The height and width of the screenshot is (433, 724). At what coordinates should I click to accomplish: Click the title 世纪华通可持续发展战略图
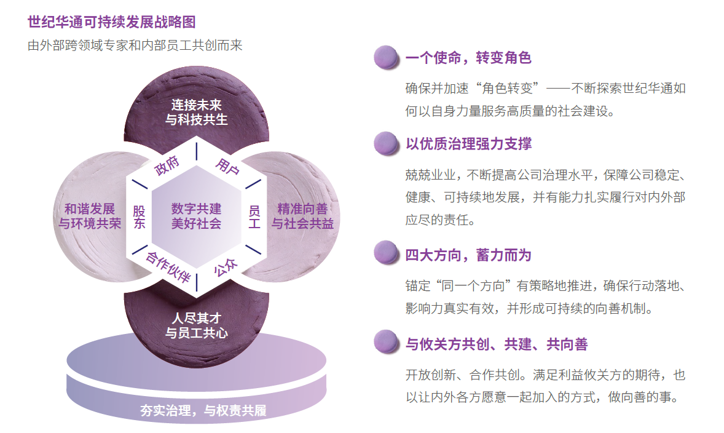pyautogui.click(x=112, y=22)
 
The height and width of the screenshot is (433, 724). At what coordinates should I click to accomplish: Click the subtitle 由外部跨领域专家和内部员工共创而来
pyautogui.click(x=135, y=46)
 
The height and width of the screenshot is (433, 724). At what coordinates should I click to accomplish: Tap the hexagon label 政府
pyautogui.click(x=167, y=165)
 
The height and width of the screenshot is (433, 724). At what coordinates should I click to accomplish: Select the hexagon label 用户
pyautogui.click(x=227, y=166)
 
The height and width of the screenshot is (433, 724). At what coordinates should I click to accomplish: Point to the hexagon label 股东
pyautogui.click(x=139, y=217)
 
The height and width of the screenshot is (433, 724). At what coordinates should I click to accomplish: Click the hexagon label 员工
pyautogui.click(x=254, y=217)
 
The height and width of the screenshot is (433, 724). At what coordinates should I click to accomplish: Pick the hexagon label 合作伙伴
pyautogui.click(x=168, y=267)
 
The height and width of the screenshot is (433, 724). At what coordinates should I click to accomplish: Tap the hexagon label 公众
pyautogui.click(x=226, y=267)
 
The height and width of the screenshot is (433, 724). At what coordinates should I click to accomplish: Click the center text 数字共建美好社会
pyautogui.click(x=196, y=216)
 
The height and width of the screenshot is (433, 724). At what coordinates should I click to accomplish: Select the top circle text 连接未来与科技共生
pyautogui.click(x=196, y=112)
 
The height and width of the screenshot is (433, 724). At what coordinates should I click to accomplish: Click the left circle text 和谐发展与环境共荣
pyautogui.click(x=90, y=216)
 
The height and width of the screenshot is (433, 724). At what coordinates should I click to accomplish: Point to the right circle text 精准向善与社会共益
pyautogui.click(x=302, y=216)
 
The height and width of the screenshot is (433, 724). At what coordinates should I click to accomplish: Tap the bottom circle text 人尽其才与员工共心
pyautogui.click(x=196, y=325)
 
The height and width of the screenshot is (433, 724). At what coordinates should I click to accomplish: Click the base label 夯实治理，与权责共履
pyautogui.click(x=203, y=410)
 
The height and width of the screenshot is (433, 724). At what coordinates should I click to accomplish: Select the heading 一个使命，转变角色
pyautogui.click(x=468, y=58)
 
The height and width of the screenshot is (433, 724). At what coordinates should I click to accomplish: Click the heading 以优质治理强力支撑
pyautogui.click(x=468, y=144)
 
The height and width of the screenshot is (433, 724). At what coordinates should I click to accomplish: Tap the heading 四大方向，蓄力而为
pyautogui.click(x=468, y=255)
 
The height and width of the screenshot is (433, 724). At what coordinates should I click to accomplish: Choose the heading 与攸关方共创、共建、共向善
pyautogui.click(x=497, y=344)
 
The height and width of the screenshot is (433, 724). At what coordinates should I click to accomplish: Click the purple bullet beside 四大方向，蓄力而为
pyautogui.click(x=386, y=252)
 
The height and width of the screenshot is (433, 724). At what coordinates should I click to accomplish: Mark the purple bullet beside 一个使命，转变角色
pyautogui.click(x=386, y=57)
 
